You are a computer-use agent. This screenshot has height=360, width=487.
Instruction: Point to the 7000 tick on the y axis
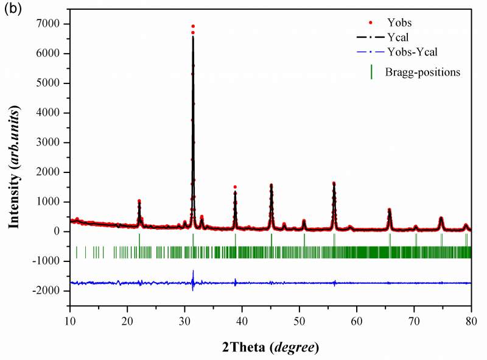coord(51,24)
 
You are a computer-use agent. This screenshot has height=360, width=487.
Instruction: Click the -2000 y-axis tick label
coord(49,291)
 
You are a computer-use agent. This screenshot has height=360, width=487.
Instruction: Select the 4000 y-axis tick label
coord(51,113)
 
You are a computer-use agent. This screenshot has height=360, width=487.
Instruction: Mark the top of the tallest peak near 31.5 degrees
coord(193,26)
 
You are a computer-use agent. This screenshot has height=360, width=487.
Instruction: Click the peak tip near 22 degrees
coord(139,200)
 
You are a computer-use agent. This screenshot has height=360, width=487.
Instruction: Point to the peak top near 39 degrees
coord(235,187)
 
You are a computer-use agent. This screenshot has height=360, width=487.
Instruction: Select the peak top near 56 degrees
coord(334,182)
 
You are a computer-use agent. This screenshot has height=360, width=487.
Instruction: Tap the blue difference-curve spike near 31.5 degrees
coord(193,271)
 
